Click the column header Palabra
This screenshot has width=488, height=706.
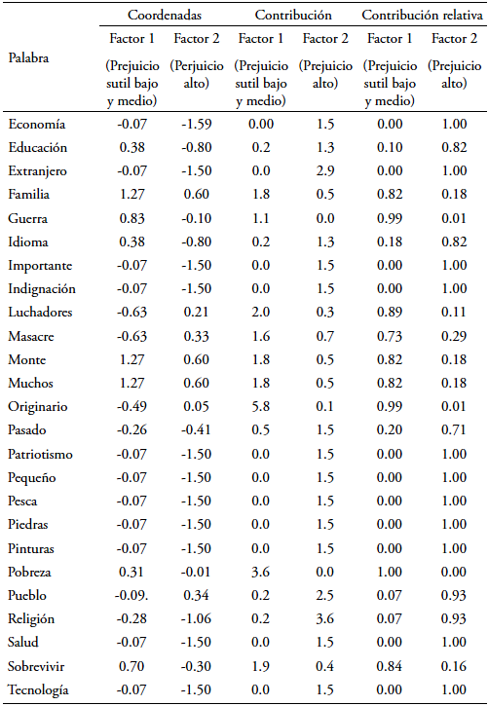pos(28,58)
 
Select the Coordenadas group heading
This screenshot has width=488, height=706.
pos(165,16)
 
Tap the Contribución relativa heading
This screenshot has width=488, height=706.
pos(422,16)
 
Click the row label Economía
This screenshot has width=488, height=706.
pos(36,124)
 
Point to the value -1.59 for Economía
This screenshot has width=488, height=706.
pos(197,124)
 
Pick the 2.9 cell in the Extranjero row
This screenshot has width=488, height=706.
pos(325,171)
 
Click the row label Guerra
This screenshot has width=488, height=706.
pos(27,218)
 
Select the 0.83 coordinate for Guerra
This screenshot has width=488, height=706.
pos(131,218)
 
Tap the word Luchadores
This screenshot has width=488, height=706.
pos(40,312)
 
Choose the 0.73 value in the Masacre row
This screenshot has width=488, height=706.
pos(390,336)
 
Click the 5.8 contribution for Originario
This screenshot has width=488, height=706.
pos(261,407)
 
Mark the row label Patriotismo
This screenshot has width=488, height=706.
pos(40,454)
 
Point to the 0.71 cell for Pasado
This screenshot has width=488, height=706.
pos(454,430)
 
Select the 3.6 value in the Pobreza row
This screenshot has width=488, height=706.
pos(261,572)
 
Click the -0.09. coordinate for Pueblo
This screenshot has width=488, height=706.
pos(131,595)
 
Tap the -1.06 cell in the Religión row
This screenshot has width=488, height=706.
pos(197,618)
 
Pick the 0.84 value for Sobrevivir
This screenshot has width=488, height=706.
pos(390,666)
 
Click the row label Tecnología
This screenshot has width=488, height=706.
pos(38,689)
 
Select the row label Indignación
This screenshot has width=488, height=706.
pos(42,288)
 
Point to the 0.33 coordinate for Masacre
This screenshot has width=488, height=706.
pos(197,336)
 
